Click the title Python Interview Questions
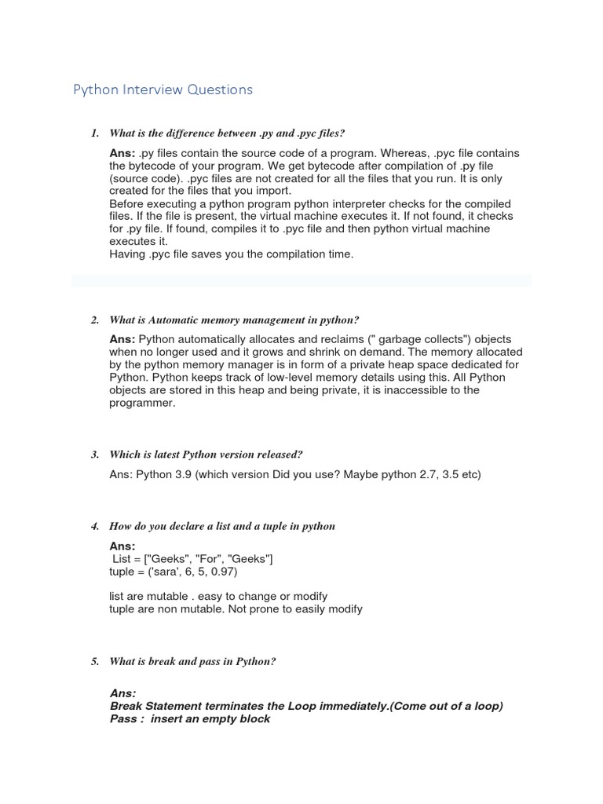163,90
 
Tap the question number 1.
94,133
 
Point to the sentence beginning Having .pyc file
232,254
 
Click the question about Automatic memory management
234,320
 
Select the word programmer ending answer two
141,403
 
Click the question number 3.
94,455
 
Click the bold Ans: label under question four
122,546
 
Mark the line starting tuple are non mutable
236,608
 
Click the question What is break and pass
192,662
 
